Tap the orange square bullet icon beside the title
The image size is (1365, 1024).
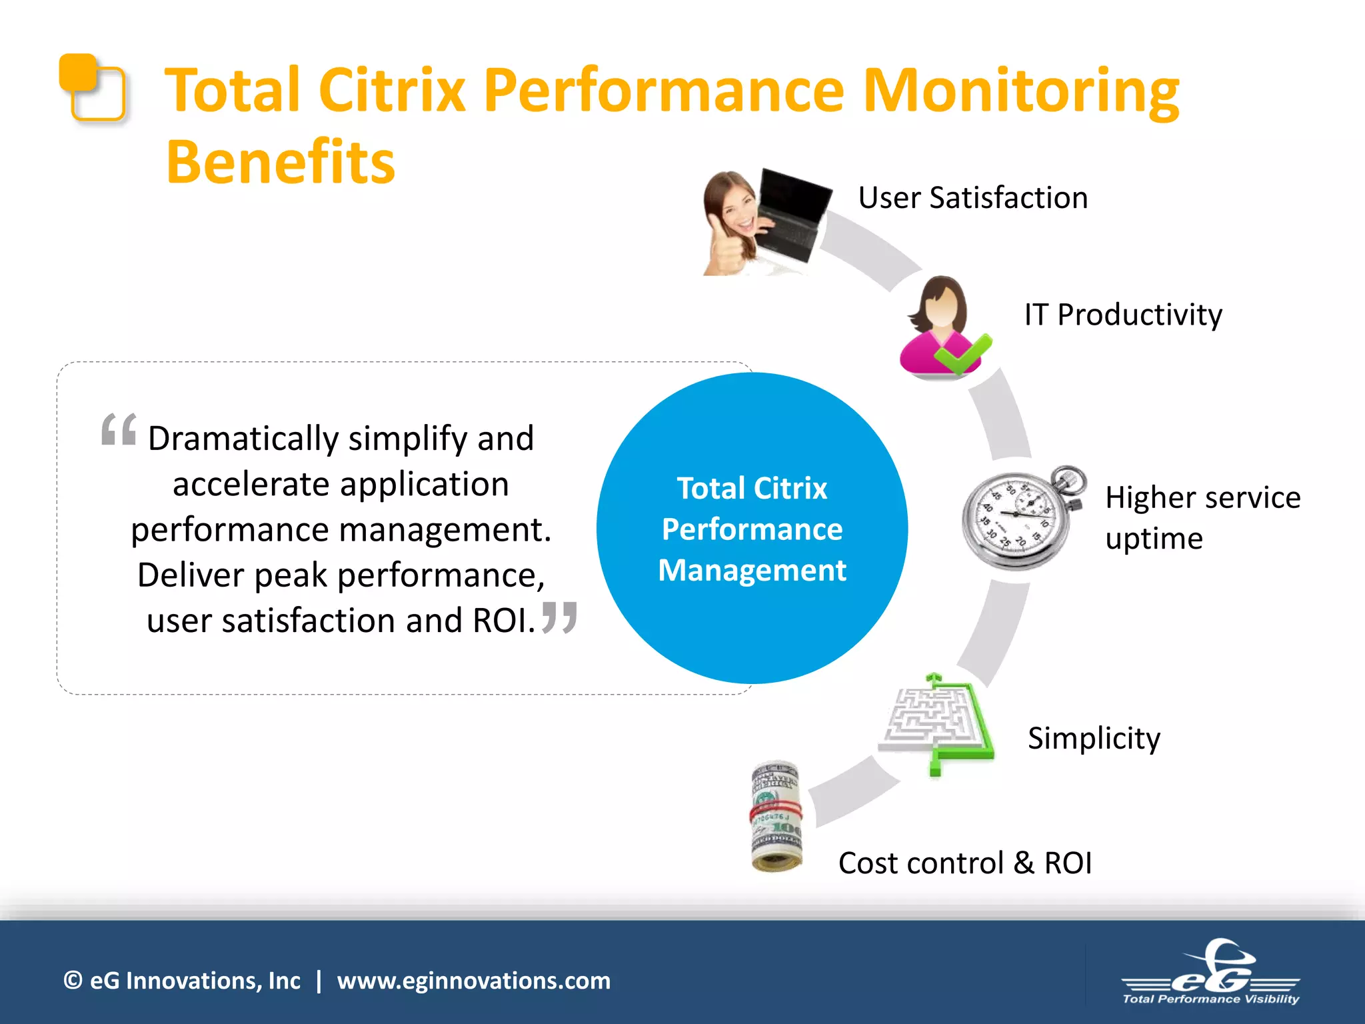(91, 87)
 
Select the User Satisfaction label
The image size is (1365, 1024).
(972, 198)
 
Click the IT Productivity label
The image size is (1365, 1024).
(1123, 315)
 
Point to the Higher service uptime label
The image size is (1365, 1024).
(1202, 517)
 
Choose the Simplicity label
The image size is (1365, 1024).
(1094, 738)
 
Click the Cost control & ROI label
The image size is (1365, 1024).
(964, 863)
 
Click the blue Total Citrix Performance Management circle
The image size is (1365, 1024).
(752, 528)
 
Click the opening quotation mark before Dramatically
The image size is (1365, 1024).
(119, 429)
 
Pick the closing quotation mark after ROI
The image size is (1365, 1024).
(559, 617)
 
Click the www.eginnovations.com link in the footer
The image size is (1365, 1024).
(473, 981)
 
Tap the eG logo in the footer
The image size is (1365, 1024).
(1210, 973)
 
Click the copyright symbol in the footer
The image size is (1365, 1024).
(73, 981)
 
